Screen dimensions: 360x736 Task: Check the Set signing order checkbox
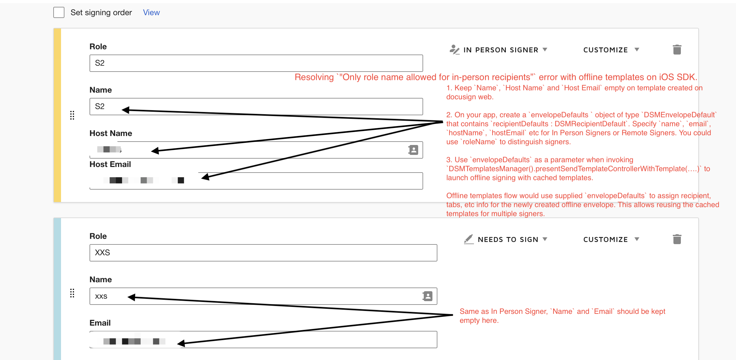tap(59, 12)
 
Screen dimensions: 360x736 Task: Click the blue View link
tap(151, 12)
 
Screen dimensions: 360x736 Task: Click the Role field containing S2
tap(256, 63)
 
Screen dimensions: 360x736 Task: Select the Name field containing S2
tap(256, 107)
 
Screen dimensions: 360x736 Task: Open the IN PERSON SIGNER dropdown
tap(499, 50)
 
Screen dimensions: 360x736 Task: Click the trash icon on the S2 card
tap(677, 50)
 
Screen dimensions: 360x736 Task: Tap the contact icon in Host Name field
tap(413, 150)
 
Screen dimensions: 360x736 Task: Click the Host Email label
tap(110, 164)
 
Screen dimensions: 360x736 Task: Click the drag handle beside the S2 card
tap(72, 115)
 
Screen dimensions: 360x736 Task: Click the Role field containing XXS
tap(263, 253)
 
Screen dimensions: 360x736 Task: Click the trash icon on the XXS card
tap(677, 239)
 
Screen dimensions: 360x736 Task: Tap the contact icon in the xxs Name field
tap(427, 296)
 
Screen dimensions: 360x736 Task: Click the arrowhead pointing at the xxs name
tap(131, 297)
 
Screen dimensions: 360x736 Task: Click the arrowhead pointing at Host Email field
tap(205, 177)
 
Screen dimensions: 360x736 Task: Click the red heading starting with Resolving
tap(496, 77)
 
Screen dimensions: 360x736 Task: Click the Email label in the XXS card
tap(100, 323)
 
